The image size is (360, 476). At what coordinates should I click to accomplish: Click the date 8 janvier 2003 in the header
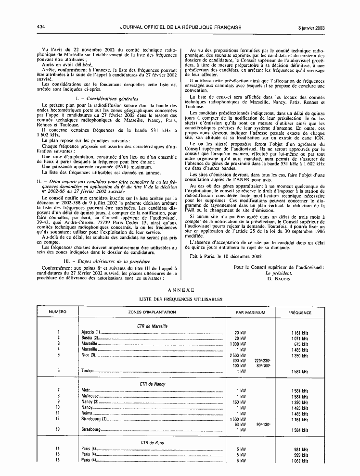[x=310, y=27]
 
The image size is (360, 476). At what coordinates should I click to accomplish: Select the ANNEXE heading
[x=180, y=290]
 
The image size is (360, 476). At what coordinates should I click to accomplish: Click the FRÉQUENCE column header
[x=299, y=313]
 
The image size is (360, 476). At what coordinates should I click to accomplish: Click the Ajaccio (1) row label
[x=91, y=332]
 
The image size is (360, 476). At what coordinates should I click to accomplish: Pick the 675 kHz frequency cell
[x=301, y=344]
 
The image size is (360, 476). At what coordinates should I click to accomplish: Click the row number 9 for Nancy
[x=58, y=401]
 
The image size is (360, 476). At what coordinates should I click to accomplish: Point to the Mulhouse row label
[x=91, y=396]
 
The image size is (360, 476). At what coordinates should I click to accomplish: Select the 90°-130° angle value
[x=263, y=425]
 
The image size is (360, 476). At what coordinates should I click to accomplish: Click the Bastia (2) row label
[x=90, y=338]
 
